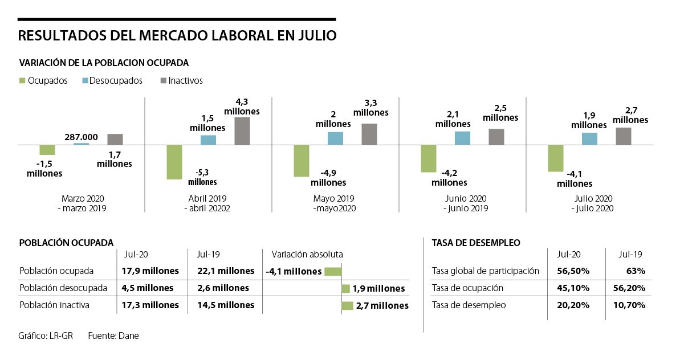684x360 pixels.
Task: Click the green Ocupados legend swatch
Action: [22, 81]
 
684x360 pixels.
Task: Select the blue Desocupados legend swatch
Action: [85, 81]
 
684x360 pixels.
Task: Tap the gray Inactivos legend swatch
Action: [163, 81]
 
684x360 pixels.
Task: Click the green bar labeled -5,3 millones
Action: [174, 162]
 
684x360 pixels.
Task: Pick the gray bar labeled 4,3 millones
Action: [242, 131]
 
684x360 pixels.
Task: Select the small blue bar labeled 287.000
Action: [82, 144]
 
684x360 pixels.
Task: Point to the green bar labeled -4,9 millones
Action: [301, 161]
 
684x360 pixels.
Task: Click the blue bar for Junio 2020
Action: [462, 138]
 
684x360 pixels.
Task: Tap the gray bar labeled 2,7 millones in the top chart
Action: [624, 136]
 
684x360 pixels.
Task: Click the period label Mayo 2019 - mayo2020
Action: [334, 203]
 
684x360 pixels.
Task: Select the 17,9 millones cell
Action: [150, 271]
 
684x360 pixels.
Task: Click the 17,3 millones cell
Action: [150, 305]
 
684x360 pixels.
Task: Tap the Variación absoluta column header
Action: [307, 254]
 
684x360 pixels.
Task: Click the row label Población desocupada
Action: [60, 288]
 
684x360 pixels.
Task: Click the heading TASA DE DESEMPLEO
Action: [476, 243]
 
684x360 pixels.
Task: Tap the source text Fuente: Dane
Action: [113, 336]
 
